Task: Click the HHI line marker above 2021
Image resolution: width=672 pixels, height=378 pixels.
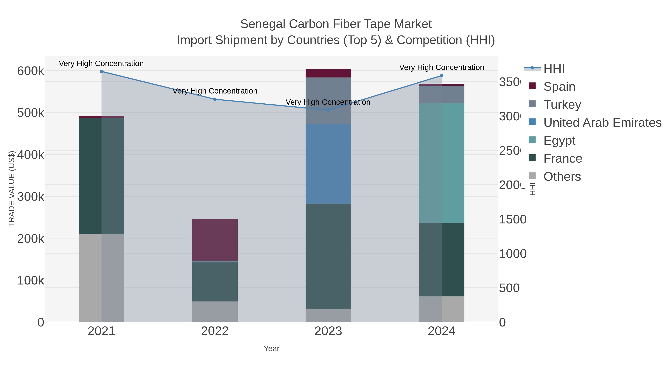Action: click(x=102, y=71)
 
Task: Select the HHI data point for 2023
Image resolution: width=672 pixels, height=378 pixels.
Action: click(x=328, y=110)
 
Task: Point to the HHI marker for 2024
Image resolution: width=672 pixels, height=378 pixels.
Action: click(x=441, y=76)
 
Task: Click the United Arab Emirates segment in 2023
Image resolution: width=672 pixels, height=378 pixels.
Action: click(x=328, y=164)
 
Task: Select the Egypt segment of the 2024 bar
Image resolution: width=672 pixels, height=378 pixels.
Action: click(x=441, y=163)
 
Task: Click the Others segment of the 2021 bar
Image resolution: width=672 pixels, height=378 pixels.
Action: click(x=102, y=278)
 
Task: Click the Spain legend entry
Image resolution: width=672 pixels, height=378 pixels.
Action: click(x=559, y=87)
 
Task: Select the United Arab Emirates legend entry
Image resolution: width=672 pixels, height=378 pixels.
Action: click(x=602, y=123)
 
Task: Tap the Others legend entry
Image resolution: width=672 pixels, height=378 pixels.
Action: click(x=562, y=177)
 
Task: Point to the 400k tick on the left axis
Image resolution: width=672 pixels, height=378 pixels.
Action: click(x=31, y=155)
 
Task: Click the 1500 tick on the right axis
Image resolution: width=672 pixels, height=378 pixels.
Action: click(x=512, y=219)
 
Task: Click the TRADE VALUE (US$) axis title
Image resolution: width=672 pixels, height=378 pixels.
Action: click(x=12, y=189)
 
